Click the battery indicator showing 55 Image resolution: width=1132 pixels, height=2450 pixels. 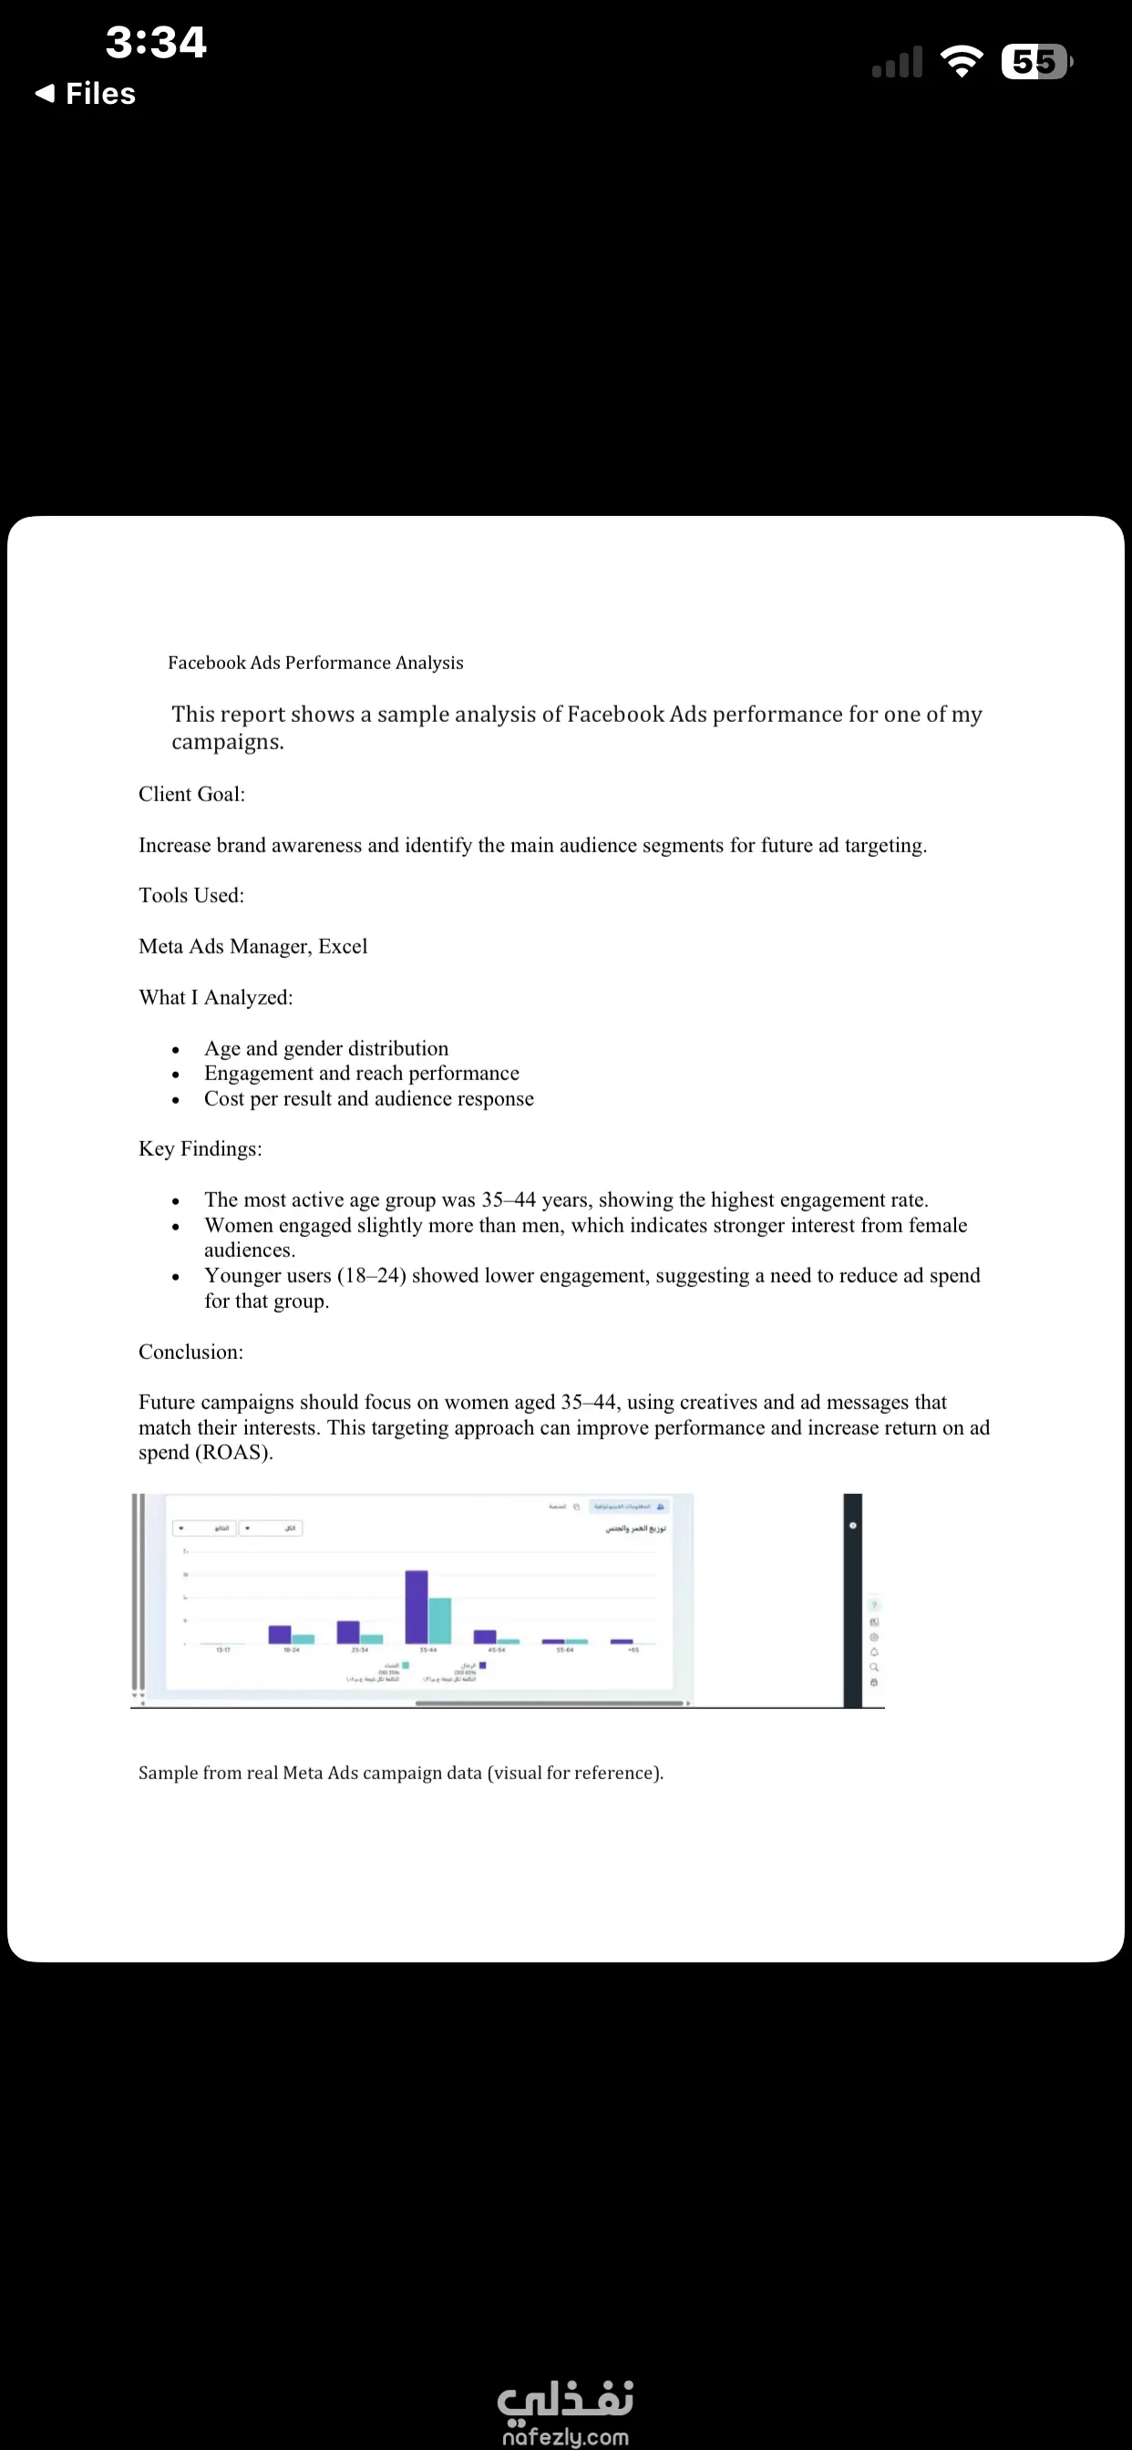(1036, 62)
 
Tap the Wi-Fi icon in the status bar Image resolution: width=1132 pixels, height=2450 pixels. (961, 62)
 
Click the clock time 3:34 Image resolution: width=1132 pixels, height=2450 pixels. (156, 42)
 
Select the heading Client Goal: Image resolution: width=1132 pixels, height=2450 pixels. (191, 794)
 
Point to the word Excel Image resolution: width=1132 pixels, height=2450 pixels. (343, 946)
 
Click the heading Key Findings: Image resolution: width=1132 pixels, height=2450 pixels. (200, 1149)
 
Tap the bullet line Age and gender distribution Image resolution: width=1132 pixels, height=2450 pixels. (326, 1048)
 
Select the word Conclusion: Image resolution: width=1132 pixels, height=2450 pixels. (190, 1352)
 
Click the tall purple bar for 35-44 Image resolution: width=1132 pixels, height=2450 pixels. (416, 1606)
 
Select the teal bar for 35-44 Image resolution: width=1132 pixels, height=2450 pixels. (439, 1621)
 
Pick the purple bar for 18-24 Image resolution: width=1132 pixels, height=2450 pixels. (279, 1634)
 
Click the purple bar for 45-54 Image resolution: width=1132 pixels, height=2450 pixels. (484, 1637)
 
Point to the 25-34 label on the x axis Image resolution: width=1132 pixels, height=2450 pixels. (360, 1650)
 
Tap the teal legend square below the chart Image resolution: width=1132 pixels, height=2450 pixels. (406, 1665)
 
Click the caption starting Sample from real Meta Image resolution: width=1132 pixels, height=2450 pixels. (400, 1773)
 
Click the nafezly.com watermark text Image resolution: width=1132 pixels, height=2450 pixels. (565, 2437)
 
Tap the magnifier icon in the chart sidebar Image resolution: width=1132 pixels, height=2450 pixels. (874, 1667)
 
